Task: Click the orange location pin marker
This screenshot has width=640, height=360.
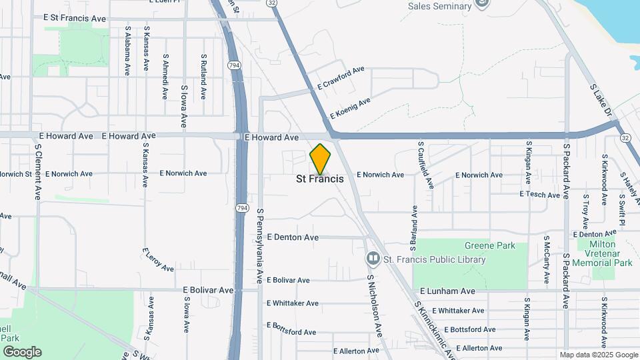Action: click(321, 159)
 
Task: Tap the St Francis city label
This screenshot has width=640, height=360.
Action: click(320, 179)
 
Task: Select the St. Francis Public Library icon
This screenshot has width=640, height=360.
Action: click(373, 258)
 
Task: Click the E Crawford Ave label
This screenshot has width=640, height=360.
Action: click(341, 77)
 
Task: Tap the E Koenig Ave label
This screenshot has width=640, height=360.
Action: click(344, 107)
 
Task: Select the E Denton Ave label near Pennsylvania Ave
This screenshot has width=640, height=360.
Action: click(293, 237)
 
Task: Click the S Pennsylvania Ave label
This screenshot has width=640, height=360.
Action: click(261, 245)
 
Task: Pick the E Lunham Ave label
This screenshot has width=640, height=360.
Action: click(447, 291)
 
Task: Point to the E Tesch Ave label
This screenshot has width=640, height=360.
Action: click(540, 195)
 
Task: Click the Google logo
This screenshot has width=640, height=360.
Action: click(22, 352)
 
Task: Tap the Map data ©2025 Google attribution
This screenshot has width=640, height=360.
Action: click(599, 355)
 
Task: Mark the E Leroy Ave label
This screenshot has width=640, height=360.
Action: click(157, 260)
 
